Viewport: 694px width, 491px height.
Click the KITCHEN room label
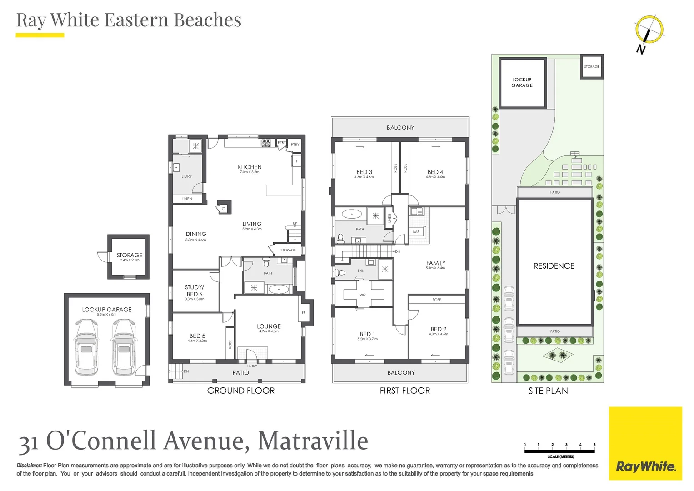coord(250,167)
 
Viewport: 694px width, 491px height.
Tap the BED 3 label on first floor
coord(364,172)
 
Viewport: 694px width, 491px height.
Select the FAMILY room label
coord(435,263)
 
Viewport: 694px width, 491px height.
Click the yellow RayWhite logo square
coord(645,443)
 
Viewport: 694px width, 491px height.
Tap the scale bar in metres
coord(559,451)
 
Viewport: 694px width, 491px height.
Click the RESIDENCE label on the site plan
coord(554,266)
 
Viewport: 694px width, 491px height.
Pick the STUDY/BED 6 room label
coord(195,291)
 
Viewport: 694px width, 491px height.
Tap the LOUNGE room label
coord(269,326)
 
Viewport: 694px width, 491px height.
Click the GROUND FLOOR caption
coord(240,391)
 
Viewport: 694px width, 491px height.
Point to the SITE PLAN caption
coord(548,391)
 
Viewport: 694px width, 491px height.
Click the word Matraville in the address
coord(313,441)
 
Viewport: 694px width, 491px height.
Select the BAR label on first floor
coord(416,232)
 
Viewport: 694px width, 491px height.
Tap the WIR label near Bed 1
coord(362,295)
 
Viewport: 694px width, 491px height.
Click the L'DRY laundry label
coord(186,176)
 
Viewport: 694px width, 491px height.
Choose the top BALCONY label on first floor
coord(400,128)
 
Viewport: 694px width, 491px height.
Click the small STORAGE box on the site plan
coord(591,67)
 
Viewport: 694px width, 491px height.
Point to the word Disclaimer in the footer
coord(29,466)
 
